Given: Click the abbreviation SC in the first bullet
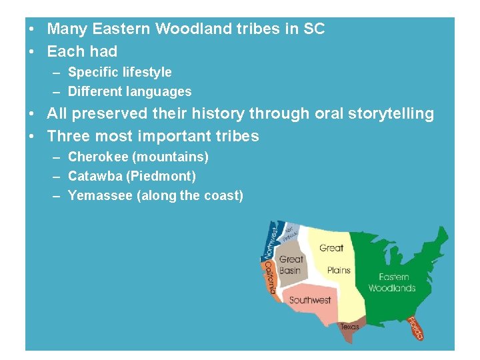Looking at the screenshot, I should point(313,29).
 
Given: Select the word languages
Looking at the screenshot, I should point(158,92).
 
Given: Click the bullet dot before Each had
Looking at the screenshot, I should point(31,52).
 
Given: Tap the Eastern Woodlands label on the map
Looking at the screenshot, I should point(392,283).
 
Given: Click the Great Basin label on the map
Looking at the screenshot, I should point(291,265).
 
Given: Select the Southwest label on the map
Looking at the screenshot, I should point(310,300).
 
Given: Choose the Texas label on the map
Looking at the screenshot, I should point(349,327).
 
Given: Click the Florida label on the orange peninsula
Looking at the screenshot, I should point(415,328).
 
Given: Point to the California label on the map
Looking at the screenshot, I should point(270,277).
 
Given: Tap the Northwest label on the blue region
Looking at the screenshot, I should point(271,241).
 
